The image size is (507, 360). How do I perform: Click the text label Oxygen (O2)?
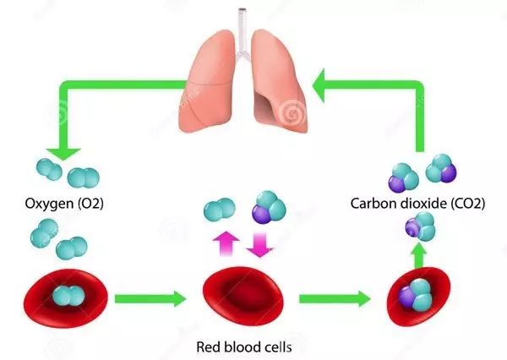coord(64,204)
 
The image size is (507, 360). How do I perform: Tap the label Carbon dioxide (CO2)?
coord(417,204)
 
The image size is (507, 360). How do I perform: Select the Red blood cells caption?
coord(244,347)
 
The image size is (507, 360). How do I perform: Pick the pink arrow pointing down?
coord(260,245)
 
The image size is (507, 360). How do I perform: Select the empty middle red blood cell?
coord(243,297)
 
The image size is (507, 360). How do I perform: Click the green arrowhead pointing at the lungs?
coord(319,85)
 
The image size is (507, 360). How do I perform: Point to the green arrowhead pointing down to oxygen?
coord(63,154)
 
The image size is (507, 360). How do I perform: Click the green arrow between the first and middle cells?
coord(150,298)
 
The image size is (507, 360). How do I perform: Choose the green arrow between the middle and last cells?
coord(335,298)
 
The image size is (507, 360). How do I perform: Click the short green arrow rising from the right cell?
coord(419,255)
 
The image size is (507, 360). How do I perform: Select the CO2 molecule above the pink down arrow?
coord(269,207)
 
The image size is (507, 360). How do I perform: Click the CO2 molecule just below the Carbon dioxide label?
coord(420,226)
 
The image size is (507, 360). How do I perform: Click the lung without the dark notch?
coord(207,81)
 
